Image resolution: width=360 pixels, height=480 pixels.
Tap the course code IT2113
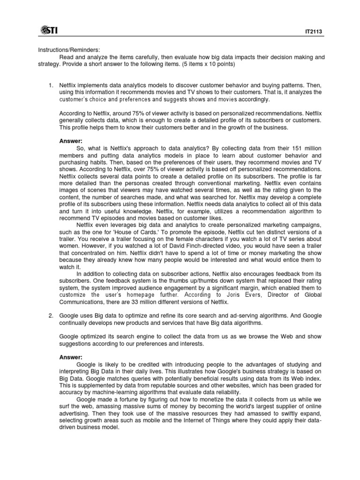tap(314, 33)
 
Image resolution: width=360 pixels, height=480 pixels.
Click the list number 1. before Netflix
tap(52, 86)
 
